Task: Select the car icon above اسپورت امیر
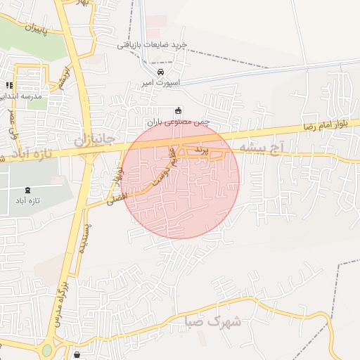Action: tap(161, 72)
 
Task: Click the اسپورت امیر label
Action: tap(161, 83)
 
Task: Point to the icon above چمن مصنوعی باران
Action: tap(178, 110)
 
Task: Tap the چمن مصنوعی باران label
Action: tap(184, 121)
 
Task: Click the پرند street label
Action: tap(202, 150)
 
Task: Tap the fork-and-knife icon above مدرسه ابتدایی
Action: tap(9, 84)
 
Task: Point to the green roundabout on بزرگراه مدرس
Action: tap(47, 349)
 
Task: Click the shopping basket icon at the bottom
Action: tap(76, 355)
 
